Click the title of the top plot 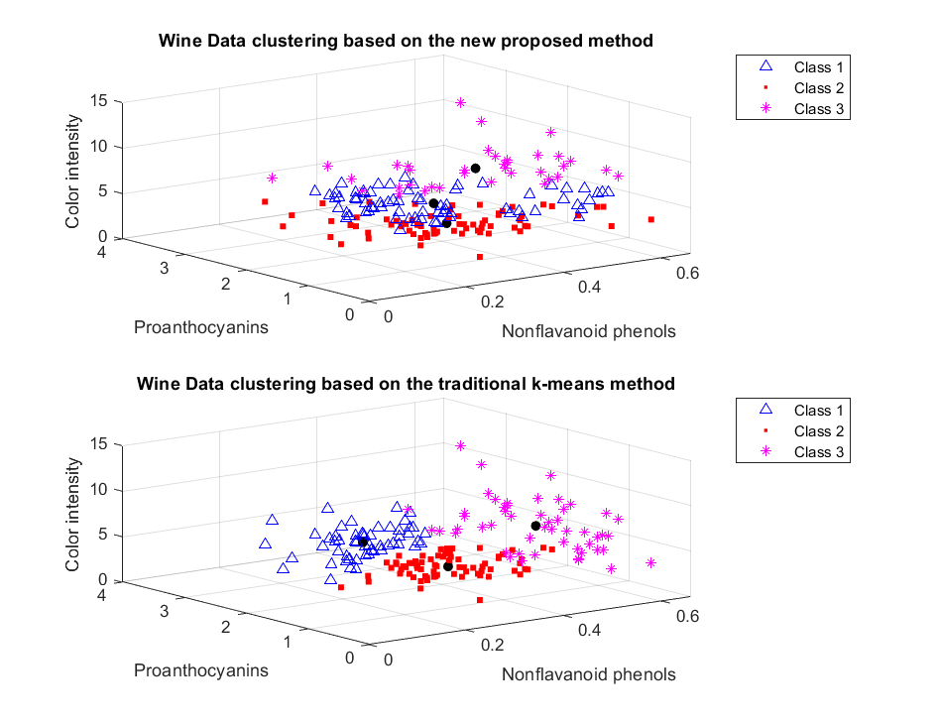[406, 41]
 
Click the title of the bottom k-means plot [406, 383]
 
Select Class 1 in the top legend [818, 67]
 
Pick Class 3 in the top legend [818, 109]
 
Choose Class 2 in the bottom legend [818, 431]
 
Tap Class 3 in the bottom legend [818, 452]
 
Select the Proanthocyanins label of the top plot [201, 327]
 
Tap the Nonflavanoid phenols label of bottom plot [588, 674]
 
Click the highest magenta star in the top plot [460, 102]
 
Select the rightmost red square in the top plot [651, 219]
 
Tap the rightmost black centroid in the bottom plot [535, 526]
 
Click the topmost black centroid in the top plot [475, 169]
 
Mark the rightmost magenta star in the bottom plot [651, 562]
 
